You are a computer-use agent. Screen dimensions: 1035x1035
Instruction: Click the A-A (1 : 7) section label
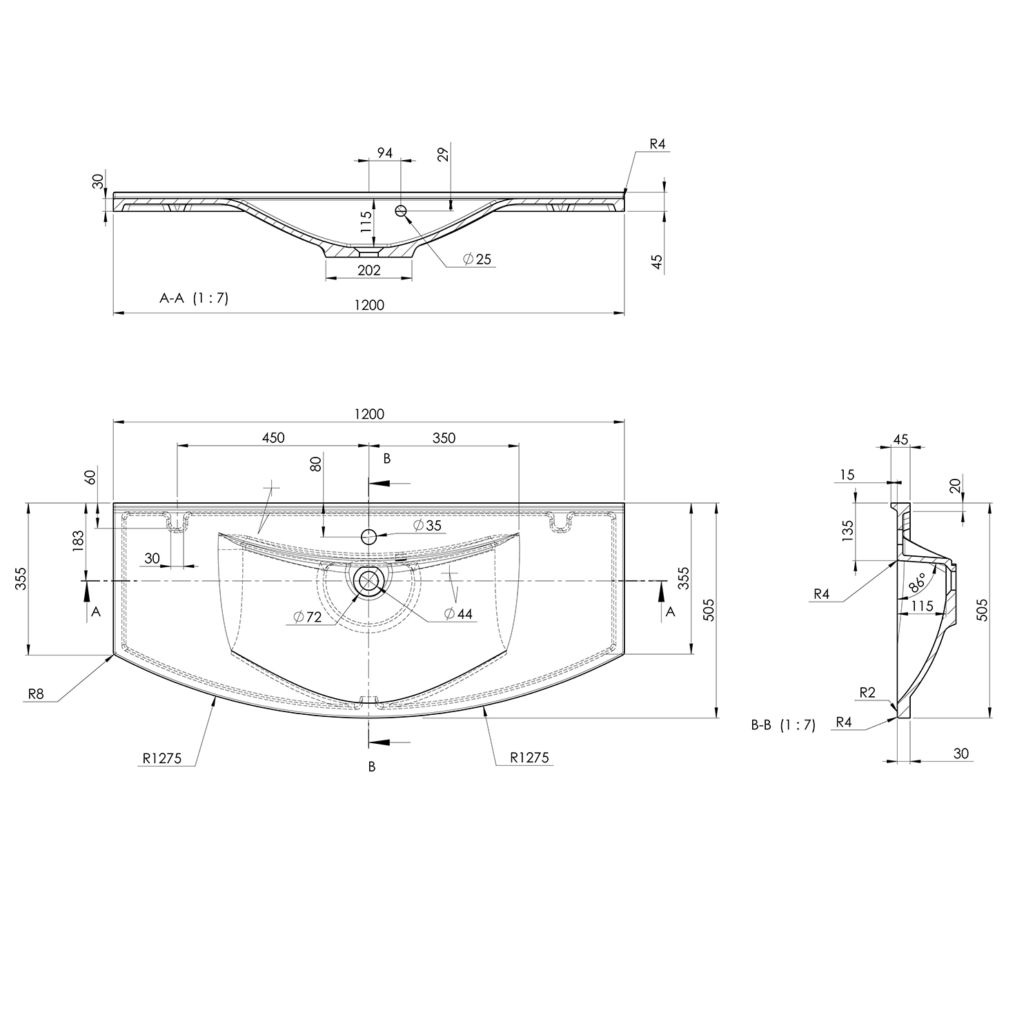194,298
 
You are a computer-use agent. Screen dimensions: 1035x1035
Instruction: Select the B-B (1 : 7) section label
783,725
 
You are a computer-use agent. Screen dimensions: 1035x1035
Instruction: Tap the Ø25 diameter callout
477,259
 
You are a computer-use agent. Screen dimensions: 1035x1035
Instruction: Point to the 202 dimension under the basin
369,270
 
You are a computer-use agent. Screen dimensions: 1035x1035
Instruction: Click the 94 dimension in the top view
385,152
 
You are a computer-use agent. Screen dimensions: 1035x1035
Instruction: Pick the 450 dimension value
273,437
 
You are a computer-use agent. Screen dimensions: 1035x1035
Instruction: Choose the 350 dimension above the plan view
444,437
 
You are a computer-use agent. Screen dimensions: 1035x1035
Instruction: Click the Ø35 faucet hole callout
427,525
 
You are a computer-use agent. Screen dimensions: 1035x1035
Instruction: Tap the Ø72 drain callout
307,618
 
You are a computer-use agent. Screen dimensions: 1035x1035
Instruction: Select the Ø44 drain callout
459,613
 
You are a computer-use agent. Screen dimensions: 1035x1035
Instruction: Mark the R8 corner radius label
36,694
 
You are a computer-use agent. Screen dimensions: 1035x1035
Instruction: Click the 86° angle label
918,583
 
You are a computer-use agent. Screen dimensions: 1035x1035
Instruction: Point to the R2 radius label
867,693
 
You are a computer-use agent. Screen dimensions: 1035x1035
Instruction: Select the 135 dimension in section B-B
848,529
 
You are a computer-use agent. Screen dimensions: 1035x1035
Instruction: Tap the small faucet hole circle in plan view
369,535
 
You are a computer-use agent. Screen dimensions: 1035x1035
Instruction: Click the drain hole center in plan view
369,581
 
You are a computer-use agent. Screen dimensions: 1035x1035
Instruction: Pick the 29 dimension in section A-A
444,153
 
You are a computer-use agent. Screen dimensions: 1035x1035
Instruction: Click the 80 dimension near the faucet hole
316,464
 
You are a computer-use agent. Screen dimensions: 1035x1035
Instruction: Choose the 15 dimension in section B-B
847,474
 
